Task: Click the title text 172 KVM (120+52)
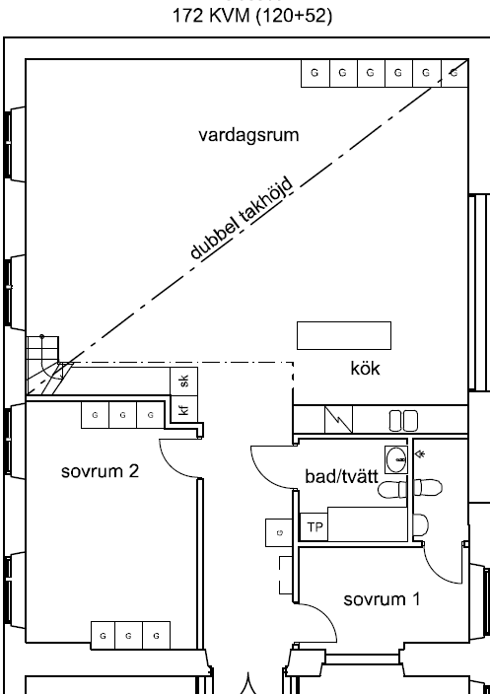(251, 17)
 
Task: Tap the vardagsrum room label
(248, 135)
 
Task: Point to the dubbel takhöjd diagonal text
(242, 218)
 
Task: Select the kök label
(365, 369)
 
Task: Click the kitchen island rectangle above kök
(344, 335)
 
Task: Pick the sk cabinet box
(184, 381)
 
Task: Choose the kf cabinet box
(184, 409)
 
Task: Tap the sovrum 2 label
(100, 471)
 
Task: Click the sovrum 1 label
(382, 599)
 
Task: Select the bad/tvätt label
(342, 477)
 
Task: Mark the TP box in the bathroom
(315, 527)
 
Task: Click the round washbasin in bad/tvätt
(396, 459)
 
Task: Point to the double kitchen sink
(403, 421)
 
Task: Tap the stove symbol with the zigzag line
(338, 420)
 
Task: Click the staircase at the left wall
(43, 365)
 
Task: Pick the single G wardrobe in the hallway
(279, 532)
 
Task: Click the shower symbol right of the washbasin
(421, 453)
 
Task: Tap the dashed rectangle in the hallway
(286, 575)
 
